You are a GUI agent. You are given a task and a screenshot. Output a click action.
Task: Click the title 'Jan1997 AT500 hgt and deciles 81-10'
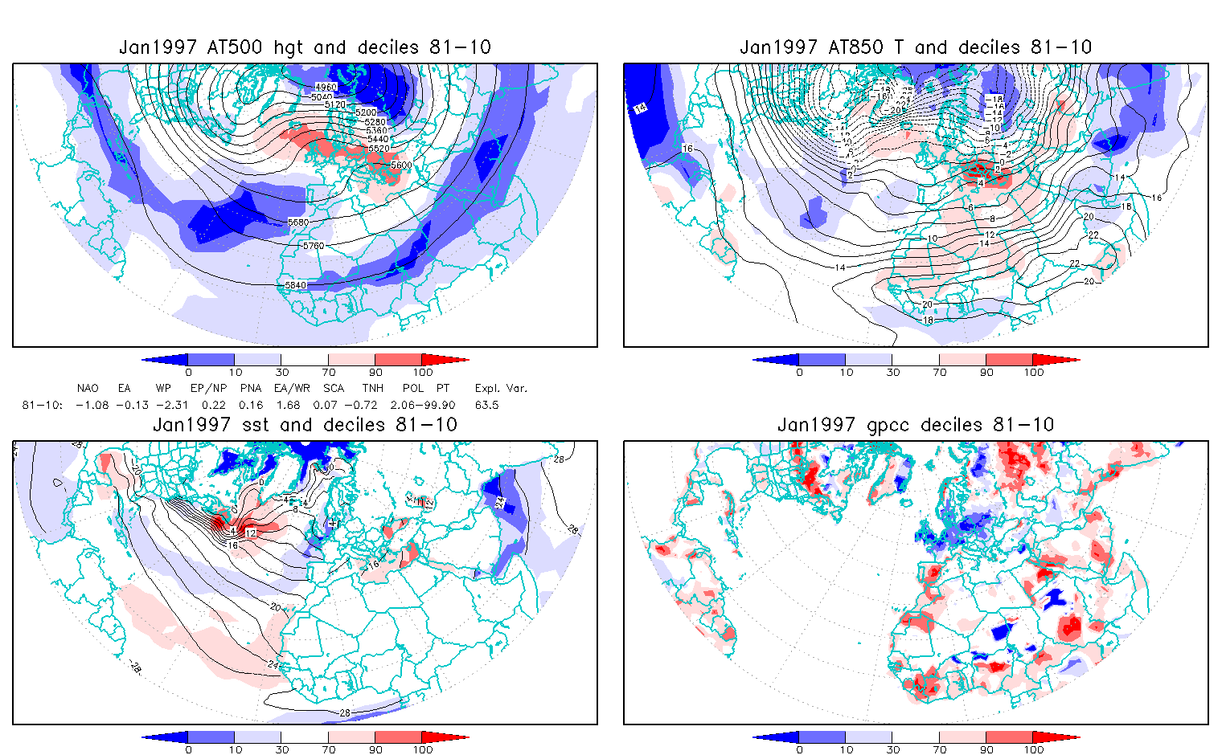point(305,47)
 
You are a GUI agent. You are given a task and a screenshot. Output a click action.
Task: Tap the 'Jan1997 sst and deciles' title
point(305,425)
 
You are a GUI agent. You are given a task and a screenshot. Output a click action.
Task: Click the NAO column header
point(88,389)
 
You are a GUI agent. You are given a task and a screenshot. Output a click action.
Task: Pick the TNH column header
point(372,389)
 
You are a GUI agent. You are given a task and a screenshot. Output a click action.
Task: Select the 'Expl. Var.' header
point(501,389)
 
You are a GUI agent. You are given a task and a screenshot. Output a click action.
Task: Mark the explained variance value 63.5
point(486,405)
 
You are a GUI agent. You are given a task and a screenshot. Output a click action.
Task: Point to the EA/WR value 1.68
point(288,405)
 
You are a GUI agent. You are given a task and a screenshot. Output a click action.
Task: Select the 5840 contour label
point(297,285)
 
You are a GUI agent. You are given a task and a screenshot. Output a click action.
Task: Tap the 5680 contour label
point(298,222)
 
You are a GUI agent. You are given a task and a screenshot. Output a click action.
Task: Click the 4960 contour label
point(326,87)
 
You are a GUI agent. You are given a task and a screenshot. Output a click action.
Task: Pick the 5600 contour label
point(400,165)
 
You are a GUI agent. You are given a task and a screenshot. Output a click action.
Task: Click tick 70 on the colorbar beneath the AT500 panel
point(329,372)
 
